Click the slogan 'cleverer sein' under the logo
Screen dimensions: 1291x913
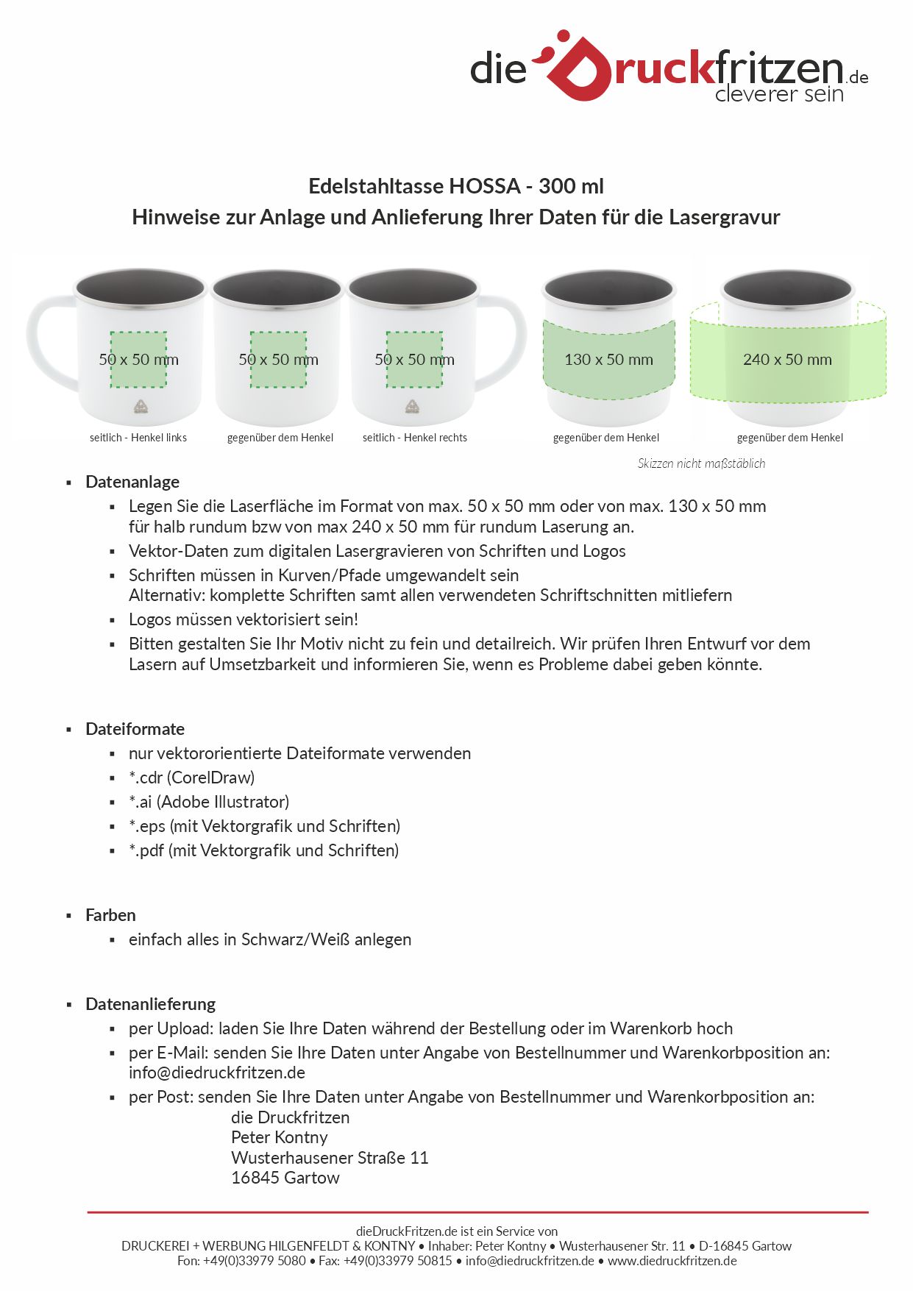coord(778,94)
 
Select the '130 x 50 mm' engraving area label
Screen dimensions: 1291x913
coord(608,360)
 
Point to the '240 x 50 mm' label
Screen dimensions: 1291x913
coord(787,360)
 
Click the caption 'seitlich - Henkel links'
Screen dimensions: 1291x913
coord(138,438)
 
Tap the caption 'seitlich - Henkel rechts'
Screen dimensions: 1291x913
coord(414,438)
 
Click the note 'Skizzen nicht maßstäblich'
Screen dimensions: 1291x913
coord(701,463)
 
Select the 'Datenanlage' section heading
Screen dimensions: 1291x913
coord(132,482)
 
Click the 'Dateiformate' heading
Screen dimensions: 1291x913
coord(135,729)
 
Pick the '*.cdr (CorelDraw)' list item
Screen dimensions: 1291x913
coord(191,778)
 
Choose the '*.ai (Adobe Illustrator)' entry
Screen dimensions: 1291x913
coord(209,802)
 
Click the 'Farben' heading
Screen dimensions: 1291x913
coord(110,915)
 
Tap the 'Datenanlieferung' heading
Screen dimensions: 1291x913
coord(150,1004)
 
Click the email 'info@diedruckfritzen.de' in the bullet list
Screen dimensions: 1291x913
coord(217,1073)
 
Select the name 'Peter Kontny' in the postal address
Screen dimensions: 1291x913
coord(279,1137)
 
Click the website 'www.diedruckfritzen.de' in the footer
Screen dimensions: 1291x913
coord(672,1261)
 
